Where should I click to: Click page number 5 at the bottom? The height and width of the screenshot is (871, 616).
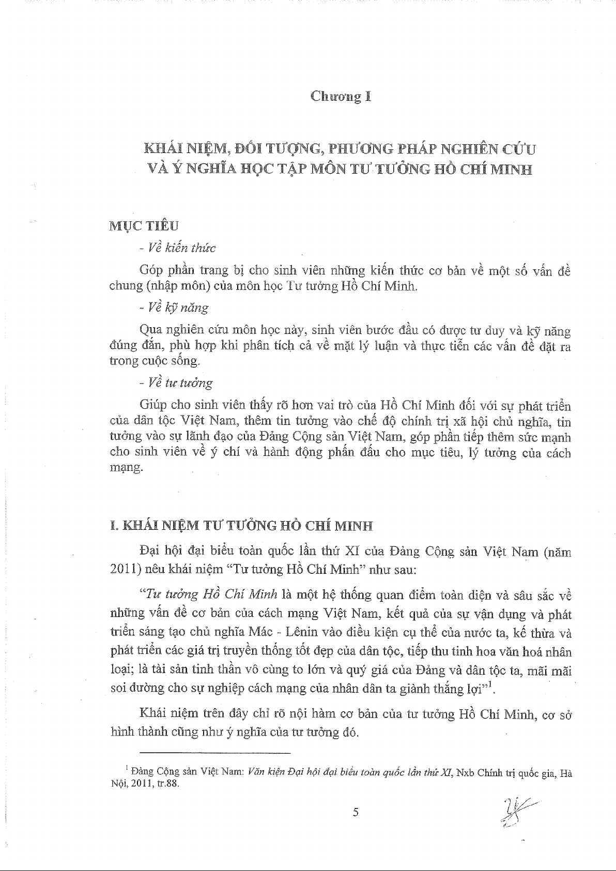coord(355,812)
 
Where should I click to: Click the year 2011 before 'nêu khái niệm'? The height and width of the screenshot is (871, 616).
coord(125,570)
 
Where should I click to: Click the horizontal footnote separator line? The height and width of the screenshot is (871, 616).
coord(215,753)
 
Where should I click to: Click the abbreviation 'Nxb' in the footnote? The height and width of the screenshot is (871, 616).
coord(466,773)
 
